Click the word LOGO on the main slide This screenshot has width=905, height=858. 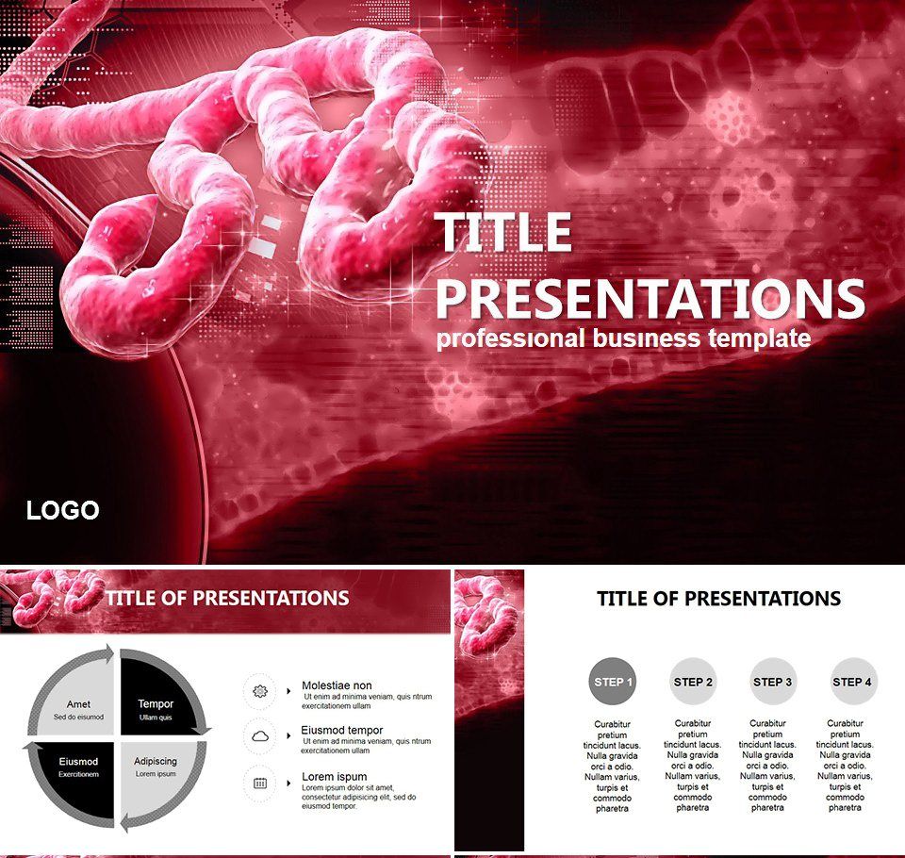pyautogui.click(x=62, y=511)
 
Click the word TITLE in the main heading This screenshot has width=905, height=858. pyautogui.click(x=504, y=234)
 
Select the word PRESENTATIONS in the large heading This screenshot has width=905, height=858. pyautogui.click(x=650, y=298)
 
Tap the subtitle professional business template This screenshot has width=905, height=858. pyautogui.click(x=623, y=339)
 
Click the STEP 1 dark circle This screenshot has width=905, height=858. pyautogui.click(x=613, y=682)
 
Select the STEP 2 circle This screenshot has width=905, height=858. pyautogui.click(x=694, y=682)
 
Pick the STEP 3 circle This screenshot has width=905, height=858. pyautogui.click(x=773, y=682)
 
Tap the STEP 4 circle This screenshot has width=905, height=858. pyautogui.click(x=853, y=682)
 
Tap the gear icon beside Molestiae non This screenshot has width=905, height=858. pyautogui.click(x=260, y=691)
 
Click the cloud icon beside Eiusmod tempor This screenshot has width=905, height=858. pyautogui.click(x=260, y=735)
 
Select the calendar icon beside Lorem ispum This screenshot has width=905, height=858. pyautogui.click(x=260, y=783)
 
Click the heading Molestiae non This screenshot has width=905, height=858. pyautogui.click(x=337, y=685)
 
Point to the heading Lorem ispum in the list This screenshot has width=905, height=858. pyautogui.click(x=334, y=777)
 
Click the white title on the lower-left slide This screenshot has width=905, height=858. pyautogui.click(x=227, y=598)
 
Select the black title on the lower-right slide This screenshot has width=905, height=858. pyautogui.click(x=719, y=598)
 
